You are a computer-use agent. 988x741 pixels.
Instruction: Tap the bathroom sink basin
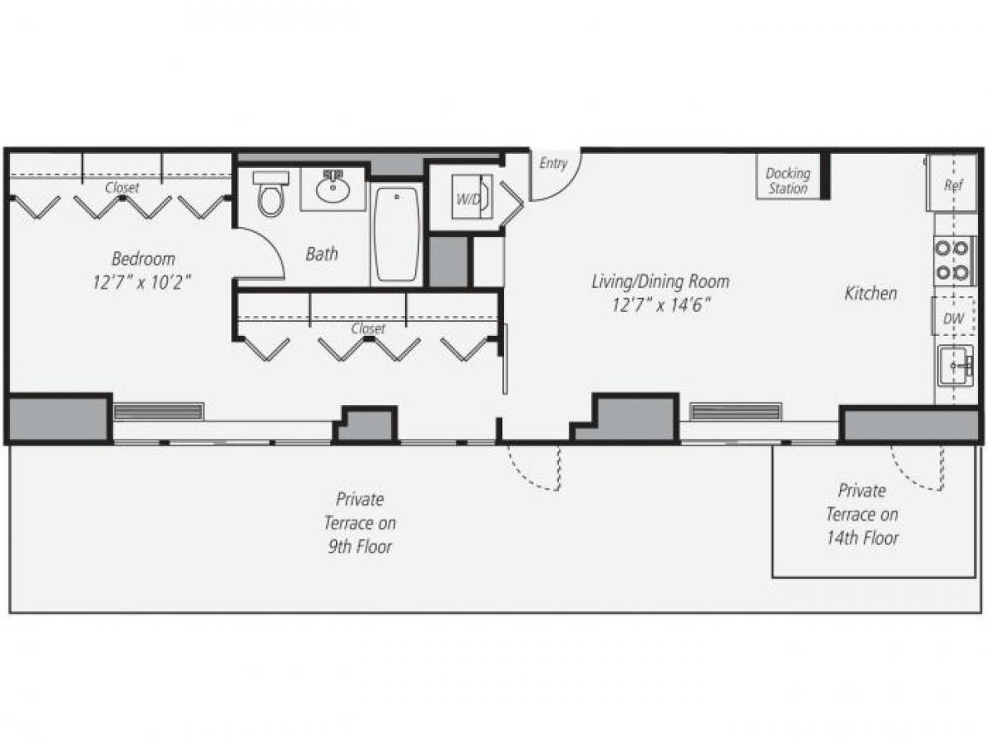[333, 192]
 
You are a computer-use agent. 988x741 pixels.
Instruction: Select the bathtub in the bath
[396, 232]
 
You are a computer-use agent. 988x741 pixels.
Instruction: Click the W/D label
[468, 199]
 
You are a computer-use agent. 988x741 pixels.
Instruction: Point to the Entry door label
[553, 163]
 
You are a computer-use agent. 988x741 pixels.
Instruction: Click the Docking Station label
[788, 180]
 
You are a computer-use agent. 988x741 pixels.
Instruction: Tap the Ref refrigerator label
[953, 185]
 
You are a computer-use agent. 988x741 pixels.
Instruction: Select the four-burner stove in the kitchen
[953, 259]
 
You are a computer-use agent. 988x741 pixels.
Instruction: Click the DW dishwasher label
[953, 319]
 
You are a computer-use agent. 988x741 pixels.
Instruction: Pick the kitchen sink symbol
[955, 365]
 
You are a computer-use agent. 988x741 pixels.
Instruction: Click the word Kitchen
[870, 293]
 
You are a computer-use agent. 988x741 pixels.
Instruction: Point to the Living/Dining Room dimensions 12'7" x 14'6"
[660, 305]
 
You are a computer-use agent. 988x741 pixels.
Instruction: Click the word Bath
[321, 254]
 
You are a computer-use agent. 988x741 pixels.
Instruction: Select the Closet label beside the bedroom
[122, 188]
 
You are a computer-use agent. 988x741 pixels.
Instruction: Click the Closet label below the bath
[368, 329]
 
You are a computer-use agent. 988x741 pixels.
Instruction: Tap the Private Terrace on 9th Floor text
[359, 522]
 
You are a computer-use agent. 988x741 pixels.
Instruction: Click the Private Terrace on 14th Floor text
[862, 514]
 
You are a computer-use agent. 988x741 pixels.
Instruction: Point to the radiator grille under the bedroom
[158, 411]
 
